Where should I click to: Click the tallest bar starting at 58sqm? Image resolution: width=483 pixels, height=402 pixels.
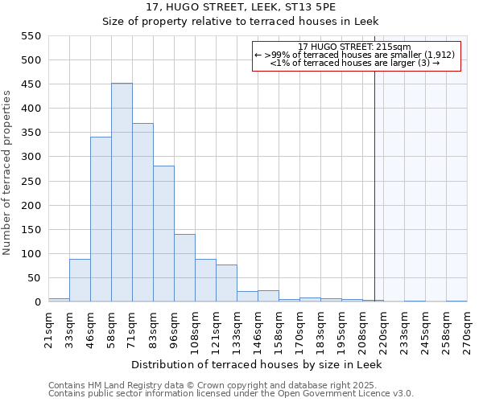click(x=122, y=193)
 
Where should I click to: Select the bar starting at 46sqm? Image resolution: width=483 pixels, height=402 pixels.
click(x=101, y=219)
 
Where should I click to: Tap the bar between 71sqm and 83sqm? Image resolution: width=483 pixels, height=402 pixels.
click(x=142, y=213)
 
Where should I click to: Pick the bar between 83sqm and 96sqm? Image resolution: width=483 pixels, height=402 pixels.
click(x=163, y=234)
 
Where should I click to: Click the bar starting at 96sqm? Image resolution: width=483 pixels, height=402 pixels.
click(x=184, y=269)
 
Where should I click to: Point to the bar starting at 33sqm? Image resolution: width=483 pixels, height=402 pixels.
click(x=80, y=281)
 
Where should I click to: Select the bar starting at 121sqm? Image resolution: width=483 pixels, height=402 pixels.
click(x=226, y=284)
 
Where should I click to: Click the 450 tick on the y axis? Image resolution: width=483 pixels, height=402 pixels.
click(x=31, y=84)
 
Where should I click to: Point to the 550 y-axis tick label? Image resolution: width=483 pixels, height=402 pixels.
click(x=31, y=36)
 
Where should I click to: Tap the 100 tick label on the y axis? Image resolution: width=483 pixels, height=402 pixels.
click(x=31, y=254)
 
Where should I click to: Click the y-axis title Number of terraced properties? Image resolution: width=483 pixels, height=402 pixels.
click(x=8, y=173)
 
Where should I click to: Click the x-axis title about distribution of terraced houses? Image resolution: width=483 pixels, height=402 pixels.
click(x=258, y=364)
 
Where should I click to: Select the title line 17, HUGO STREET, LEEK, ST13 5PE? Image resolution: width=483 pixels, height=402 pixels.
click(x=258, y=7)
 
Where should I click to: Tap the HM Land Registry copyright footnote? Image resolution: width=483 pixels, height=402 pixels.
click(x=230, y=385)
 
